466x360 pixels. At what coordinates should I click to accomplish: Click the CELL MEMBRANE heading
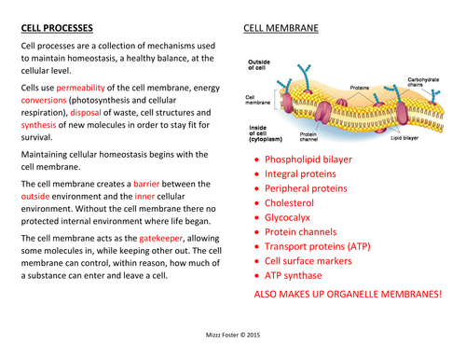[281, 28]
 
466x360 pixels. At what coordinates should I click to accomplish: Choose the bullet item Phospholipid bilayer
[308, 159]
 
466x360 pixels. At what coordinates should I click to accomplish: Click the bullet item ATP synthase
[294, 276]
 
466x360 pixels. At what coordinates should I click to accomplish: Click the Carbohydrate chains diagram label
[425, 84]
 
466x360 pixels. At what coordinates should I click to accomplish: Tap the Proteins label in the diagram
[360, 87]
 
